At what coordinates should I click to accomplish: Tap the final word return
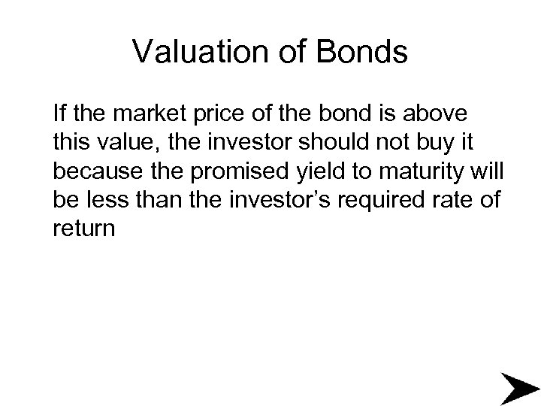coord(85,229)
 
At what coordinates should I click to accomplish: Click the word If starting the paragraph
coord(60,115)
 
